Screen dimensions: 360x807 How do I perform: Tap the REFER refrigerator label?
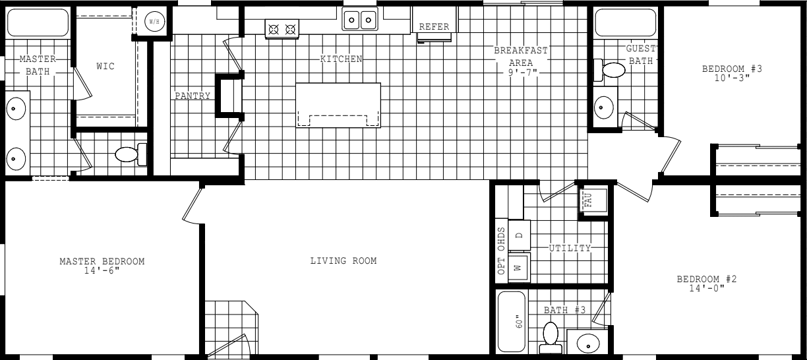coord(434,26)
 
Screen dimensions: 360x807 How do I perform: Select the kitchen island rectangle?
coord(338,105)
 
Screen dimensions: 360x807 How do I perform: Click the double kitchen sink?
coord(359,20)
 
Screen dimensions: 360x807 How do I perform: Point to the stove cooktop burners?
coord(282,28)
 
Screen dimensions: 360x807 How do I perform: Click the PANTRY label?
coord(193,96)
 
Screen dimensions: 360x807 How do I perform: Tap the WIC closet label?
coord(105,66)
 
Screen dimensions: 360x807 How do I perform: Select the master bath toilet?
coord(127,155)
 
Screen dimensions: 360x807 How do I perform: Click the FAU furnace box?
coord(589,200)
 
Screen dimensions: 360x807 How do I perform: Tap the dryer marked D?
coord(518,235)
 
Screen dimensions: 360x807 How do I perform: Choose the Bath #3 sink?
coord(587,342)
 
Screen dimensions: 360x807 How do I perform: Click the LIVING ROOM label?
coord(344,261)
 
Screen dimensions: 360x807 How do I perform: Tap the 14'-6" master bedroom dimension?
coord(102,270)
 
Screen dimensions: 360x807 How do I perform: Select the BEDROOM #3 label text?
coord(727,68)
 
